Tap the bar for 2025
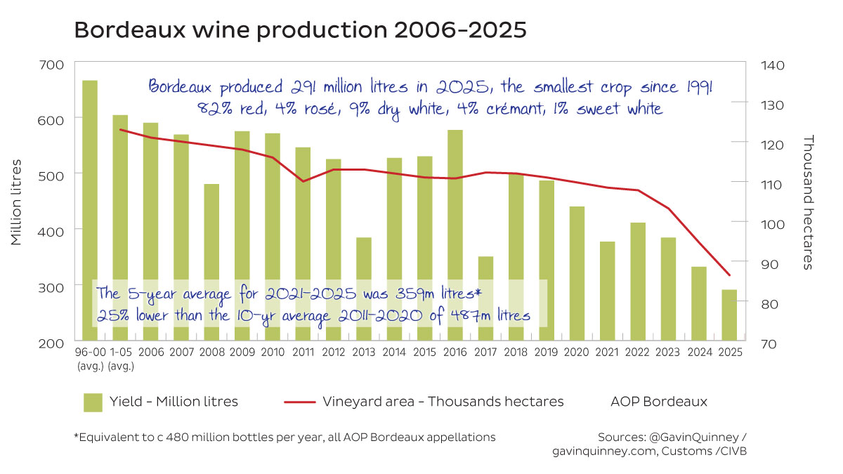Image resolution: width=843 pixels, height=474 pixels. (730, 315)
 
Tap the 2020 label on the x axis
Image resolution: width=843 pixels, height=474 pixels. (577, 353)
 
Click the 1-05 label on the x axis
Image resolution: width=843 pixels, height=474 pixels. (120, 353)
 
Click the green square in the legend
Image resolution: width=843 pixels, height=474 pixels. (93, 402)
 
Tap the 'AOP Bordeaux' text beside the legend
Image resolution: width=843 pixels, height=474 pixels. (659, 402)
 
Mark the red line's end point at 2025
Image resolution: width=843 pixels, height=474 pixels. (730, 275)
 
